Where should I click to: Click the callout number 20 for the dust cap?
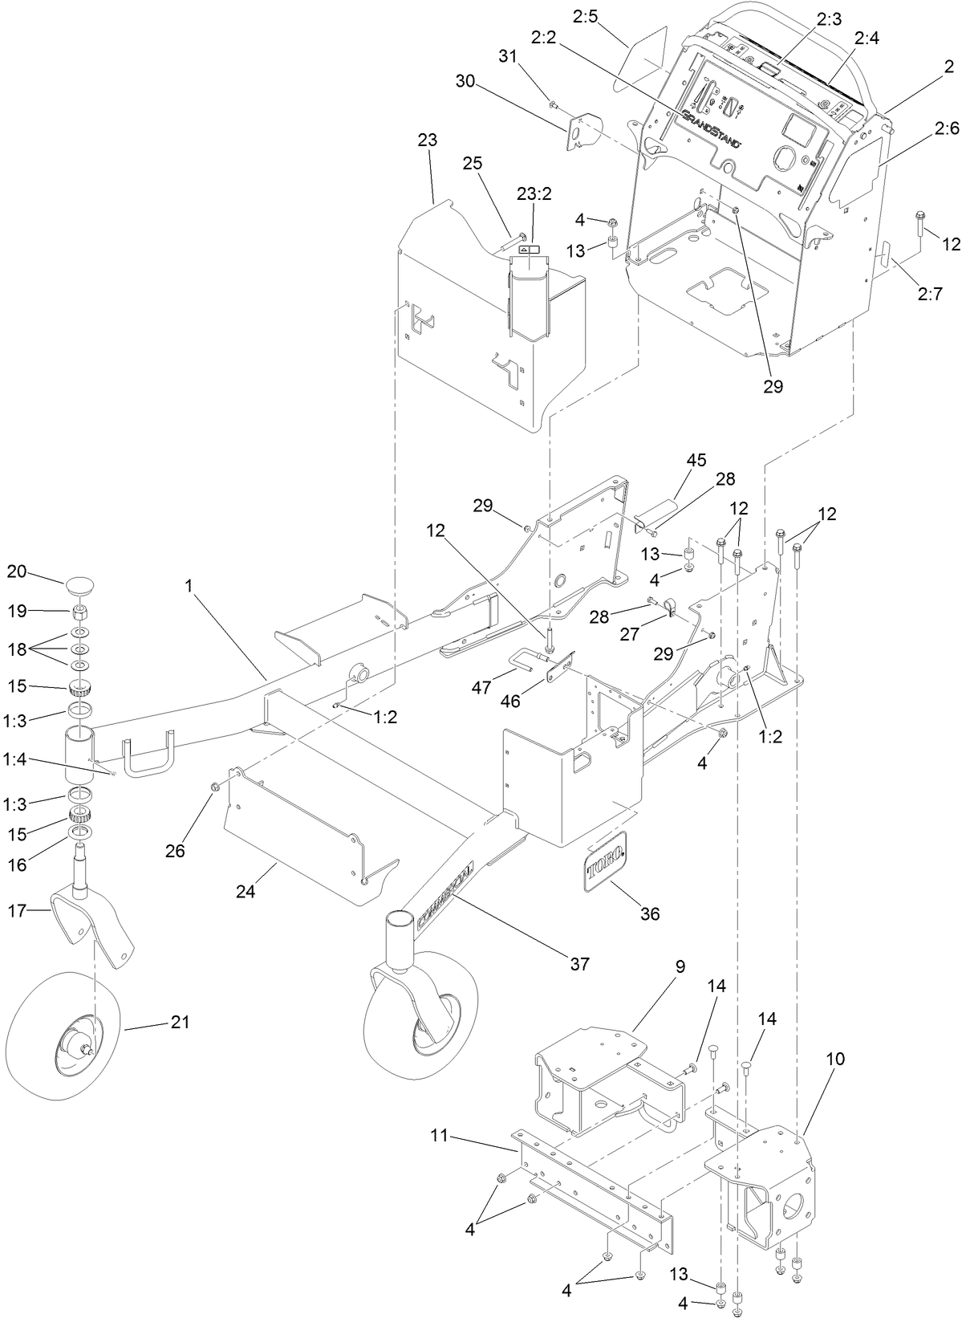17,572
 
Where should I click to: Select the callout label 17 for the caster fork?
17,910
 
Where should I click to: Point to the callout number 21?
181,1023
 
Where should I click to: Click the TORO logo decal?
606,863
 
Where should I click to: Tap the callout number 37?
578,964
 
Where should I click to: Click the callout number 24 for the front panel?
245,891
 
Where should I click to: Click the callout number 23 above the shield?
428,140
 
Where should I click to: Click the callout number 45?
696,461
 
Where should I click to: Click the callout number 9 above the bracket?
680,966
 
